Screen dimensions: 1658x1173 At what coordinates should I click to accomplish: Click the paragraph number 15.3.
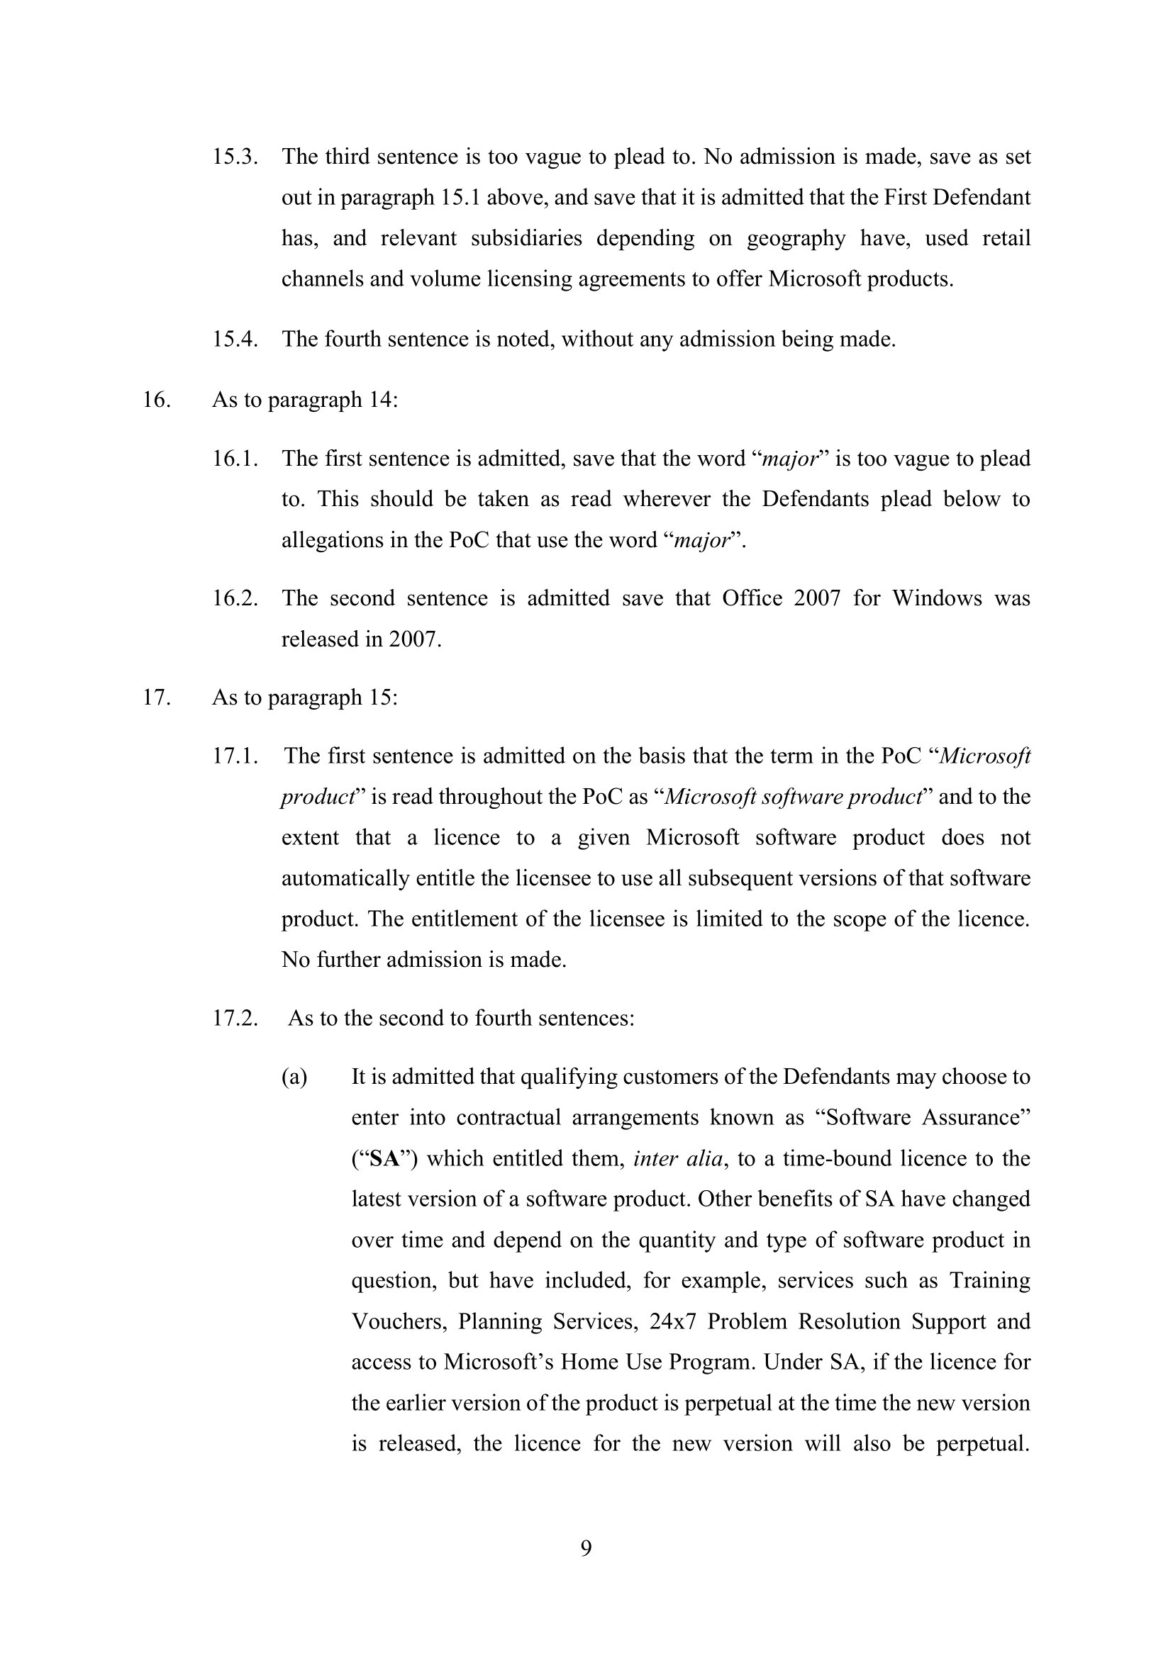point(235,157)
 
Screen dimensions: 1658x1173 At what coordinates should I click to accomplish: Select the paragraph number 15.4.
point(235,339)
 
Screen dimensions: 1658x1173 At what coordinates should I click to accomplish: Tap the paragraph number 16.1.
point(235,459)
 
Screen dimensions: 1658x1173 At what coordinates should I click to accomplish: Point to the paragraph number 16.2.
point(235,598)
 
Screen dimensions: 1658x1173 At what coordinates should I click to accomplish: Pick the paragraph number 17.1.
point(235,756)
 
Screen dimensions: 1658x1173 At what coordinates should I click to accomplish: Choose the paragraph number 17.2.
point(235,1018)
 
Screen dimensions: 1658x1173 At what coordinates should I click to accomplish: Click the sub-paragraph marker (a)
point(294,1077)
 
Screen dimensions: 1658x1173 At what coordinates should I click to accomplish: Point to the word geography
point(796,239)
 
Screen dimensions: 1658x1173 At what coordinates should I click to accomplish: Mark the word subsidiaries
point(526,238)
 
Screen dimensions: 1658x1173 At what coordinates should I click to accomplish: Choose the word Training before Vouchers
point(989,1280)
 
